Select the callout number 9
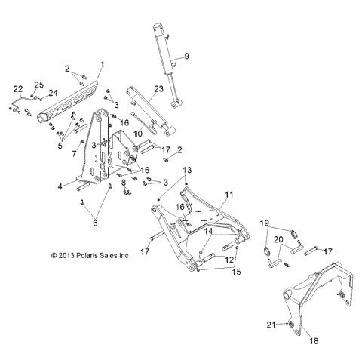tap(187, 57)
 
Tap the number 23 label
tap(158, 88)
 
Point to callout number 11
tap(229, 195)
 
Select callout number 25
tap(39, 85)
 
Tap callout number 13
tap(187, 170)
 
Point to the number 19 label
tap(265, 223)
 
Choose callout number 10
tap(138, 134)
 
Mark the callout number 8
tap(124, 183)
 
